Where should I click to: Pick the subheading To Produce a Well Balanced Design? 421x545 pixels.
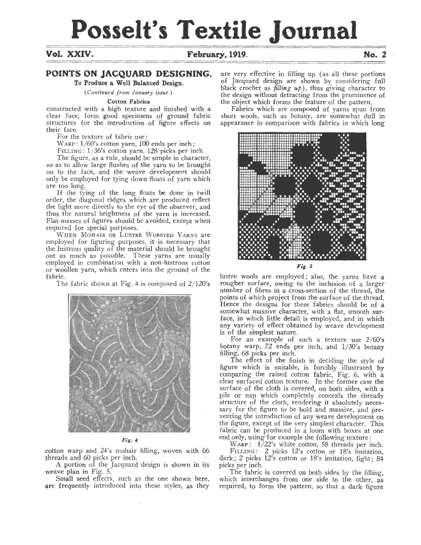pos(129,83)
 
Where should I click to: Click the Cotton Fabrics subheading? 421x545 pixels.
pos(128,101)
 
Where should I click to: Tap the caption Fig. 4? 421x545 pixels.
pos(128,440)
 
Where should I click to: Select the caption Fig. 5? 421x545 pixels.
pos(302,265)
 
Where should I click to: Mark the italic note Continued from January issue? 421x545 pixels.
pos(128,93)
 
